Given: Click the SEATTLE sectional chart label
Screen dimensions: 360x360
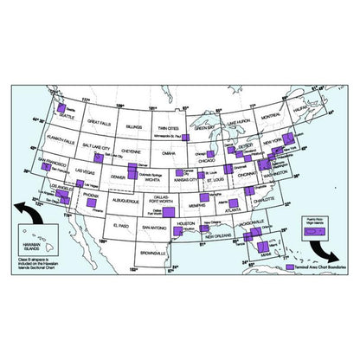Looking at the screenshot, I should [64, 119].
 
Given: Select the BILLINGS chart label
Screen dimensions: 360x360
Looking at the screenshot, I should [133, 125].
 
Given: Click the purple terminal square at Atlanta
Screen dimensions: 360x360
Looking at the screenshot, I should [231, 196].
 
